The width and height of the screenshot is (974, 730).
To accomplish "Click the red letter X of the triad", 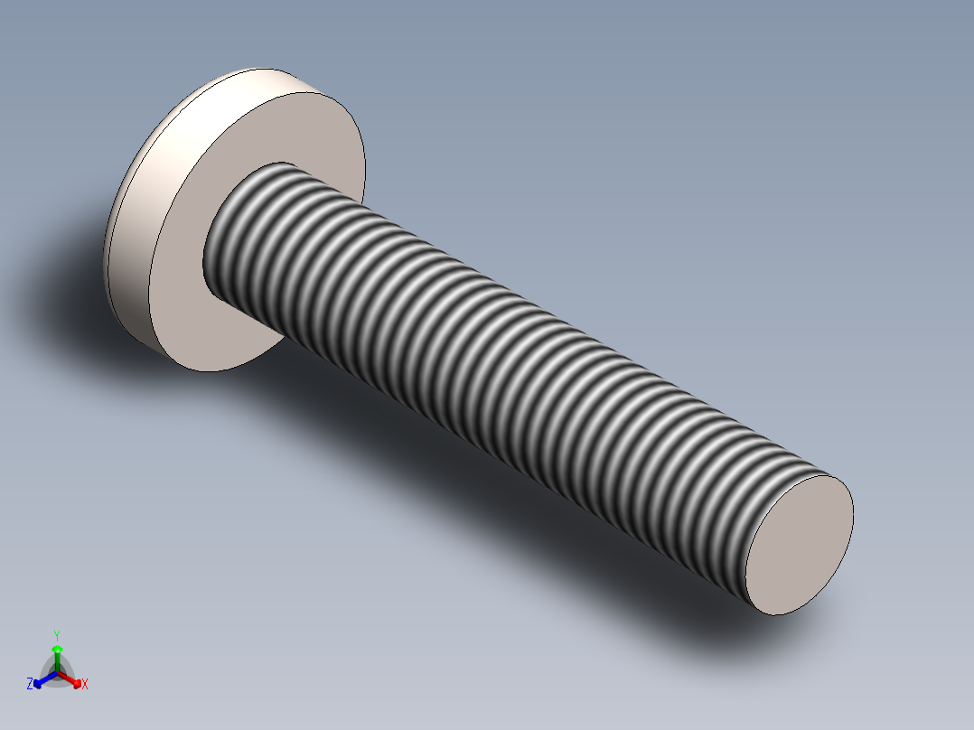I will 85,685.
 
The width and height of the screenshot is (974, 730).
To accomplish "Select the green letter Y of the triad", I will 56,635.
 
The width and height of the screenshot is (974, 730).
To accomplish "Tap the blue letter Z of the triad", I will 30,685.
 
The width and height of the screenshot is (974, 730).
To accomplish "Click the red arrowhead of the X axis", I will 77,682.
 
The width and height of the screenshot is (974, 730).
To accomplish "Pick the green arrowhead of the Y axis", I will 57,649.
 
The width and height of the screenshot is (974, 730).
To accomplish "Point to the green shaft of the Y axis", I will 57,661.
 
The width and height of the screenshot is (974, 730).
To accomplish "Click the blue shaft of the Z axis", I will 47,678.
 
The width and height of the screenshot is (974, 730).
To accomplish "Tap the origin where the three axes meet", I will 57,673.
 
